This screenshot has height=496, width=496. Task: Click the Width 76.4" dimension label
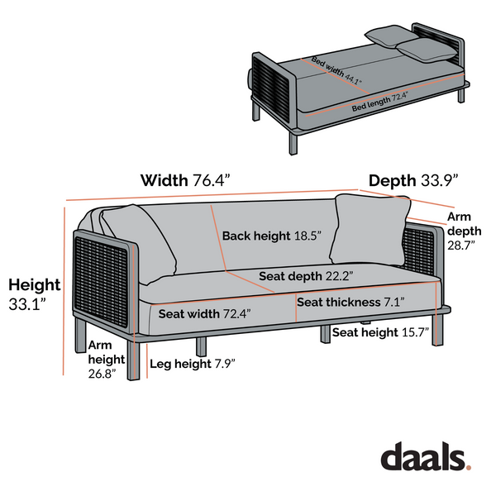[x=185, y=180]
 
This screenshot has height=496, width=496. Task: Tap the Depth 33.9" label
[x=413, y=180]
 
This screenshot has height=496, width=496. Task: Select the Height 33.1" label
[x=34, y=294]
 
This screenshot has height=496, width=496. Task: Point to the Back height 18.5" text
[x=272, y=236]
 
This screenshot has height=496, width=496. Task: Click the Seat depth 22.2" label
[x=306, y=276]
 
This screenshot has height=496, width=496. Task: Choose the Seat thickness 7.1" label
[x=351, y=302]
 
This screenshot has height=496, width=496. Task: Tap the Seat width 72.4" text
[x=205, y=314]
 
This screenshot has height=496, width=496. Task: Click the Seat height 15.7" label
[x=380, y=332]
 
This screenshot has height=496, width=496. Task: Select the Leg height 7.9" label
[x=193, y=364]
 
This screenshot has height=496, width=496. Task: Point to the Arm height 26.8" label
[x=107, y=360]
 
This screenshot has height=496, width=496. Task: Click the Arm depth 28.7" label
[x=464, y=231]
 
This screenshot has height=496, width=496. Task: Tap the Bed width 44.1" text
[x=336, y=70]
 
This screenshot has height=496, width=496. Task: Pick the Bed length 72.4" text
[x=380, y=102]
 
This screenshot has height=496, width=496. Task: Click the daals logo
[x=426, y=455]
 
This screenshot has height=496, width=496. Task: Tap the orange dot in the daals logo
[x=468, y=467]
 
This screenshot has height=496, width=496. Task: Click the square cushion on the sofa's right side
[x=370, y=230]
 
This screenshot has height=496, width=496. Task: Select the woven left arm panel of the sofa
[x=101, y=280]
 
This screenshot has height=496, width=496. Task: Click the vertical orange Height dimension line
[x=64, y=291]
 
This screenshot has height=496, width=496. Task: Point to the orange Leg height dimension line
[x=147, y=361]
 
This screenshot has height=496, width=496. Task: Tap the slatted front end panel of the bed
[x=271, y=88]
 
